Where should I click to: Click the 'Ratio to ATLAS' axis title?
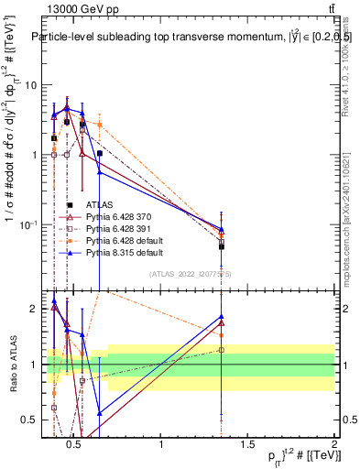(12, 365)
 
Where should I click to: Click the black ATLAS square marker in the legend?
(71, 205)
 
